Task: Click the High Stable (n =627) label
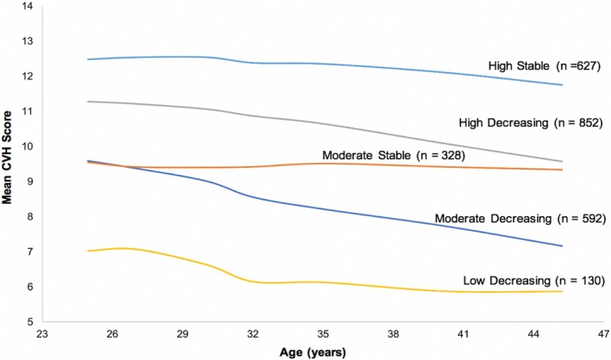pyautogui.click(x=545, y=65)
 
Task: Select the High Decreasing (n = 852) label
pyautogui.click(x=531, y=122)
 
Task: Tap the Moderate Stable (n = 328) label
pyautogui.click(x=394, y=155)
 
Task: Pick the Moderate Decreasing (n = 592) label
pyautogui.click(x=521, y=218)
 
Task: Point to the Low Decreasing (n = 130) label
pyautogui.click(x=533, y=281)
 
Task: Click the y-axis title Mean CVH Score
pyautogui.click(x=7, y=158)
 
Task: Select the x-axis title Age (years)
pyautogui.click(x=313, y=352)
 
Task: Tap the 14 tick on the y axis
pyautogui.click(x=28, y=6)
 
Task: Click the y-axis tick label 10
pyautogui.click(x=28, y=146)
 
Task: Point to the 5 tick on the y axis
pyautogui.click(x=30, y=322)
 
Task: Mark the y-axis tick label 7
pyautogui.click(x=30, y=251)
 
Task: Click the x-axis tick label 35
pyautogui.click(x=323, y=334)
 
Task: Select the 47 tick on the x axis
pyautogui.click(x=604, y=334)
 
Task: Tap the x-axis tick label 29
pyautogui.click(x=183, y=334)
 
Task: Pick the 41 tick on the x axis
pyautogui.click(x=464, y=334)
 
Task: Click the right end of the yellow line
pyautogui.click(x=562, y=291)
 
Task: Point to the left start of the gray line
pyautogui.click(x=88, y=102)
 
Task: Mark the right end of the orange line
pyautogui.click(x=562, y=170)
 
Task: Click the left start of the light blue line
pyautogui.click(x=88, y=59)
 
